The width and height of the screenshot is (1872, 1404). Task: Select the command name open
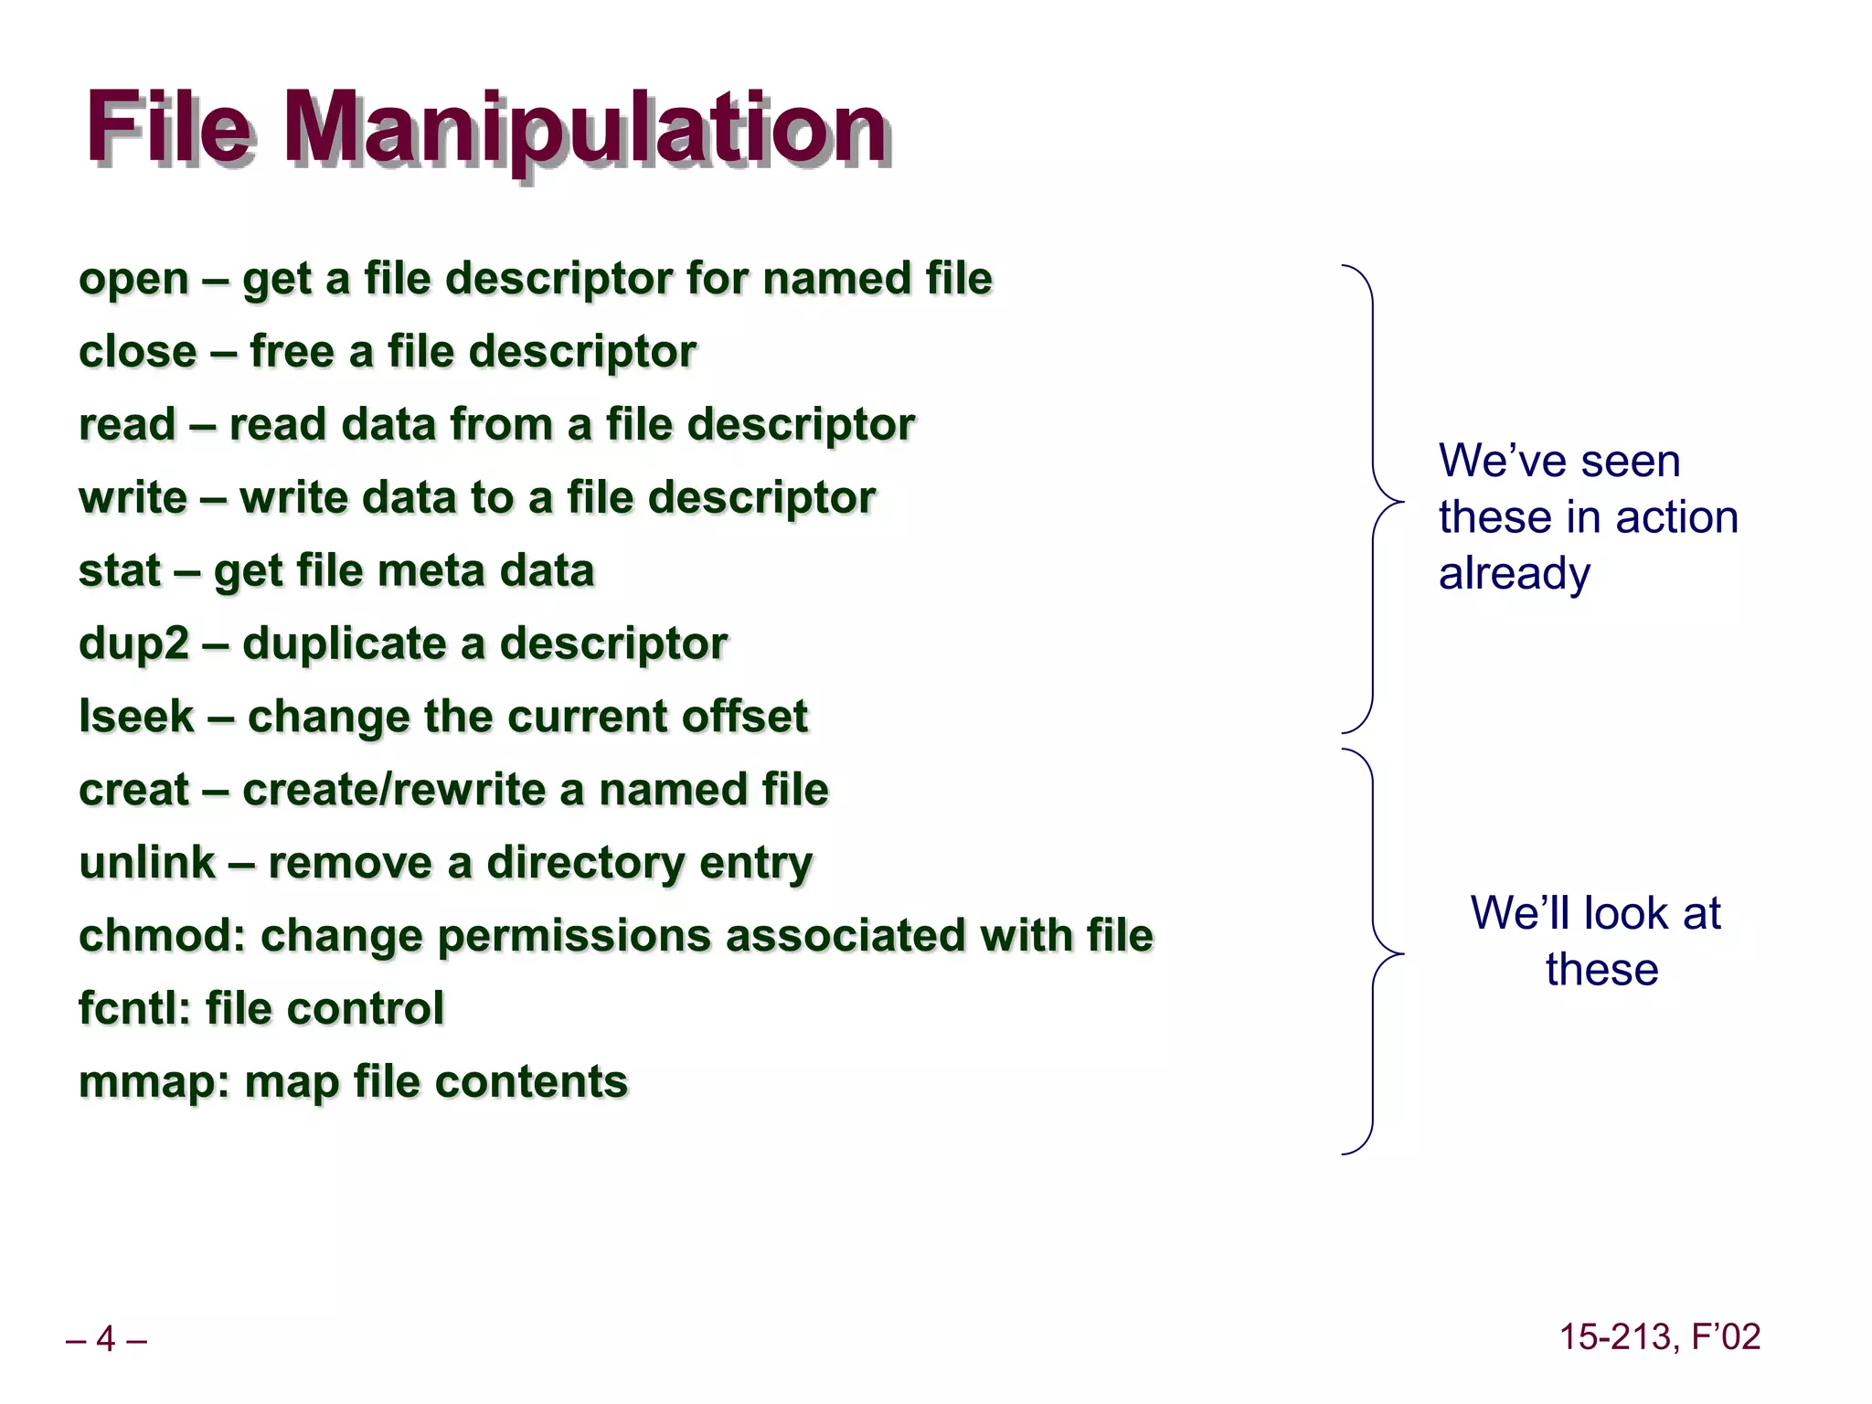click(133, 280)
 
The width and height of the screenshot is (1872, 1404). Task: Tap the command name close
click(137, 352)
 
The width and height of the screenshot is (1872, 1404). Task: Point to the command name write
click(133, 498)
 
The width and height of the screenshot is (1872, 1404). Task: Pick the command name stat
click(120, 571)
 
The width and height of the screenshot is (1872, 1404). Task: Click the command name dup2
click(133, 644)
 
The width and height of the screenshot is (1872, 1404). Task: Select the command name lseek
click(136, 717)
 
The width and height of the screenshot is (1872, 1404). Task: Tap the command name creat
click(133, 790)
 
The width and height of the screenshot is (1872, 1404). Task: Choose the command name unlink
click(147, 863)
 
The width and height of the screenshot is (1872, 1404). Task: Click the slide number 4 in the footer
click(106, 1339)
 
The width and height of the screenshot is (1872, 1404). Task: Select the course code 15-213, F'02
click(1659, 1337)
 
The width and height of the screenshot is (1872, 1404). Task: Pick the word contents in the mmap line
click(531, 1082)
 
